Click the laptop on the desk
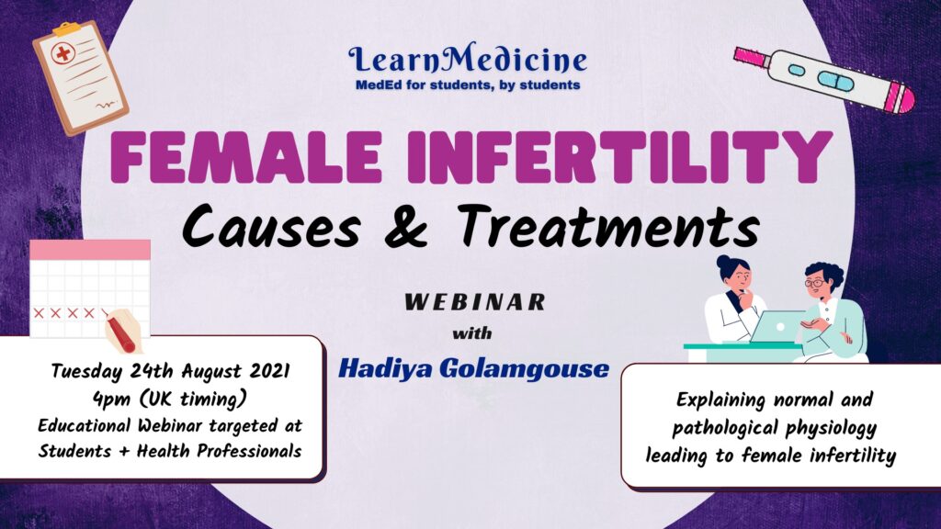point(772,327)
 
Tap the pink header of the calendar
point(90,250)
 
